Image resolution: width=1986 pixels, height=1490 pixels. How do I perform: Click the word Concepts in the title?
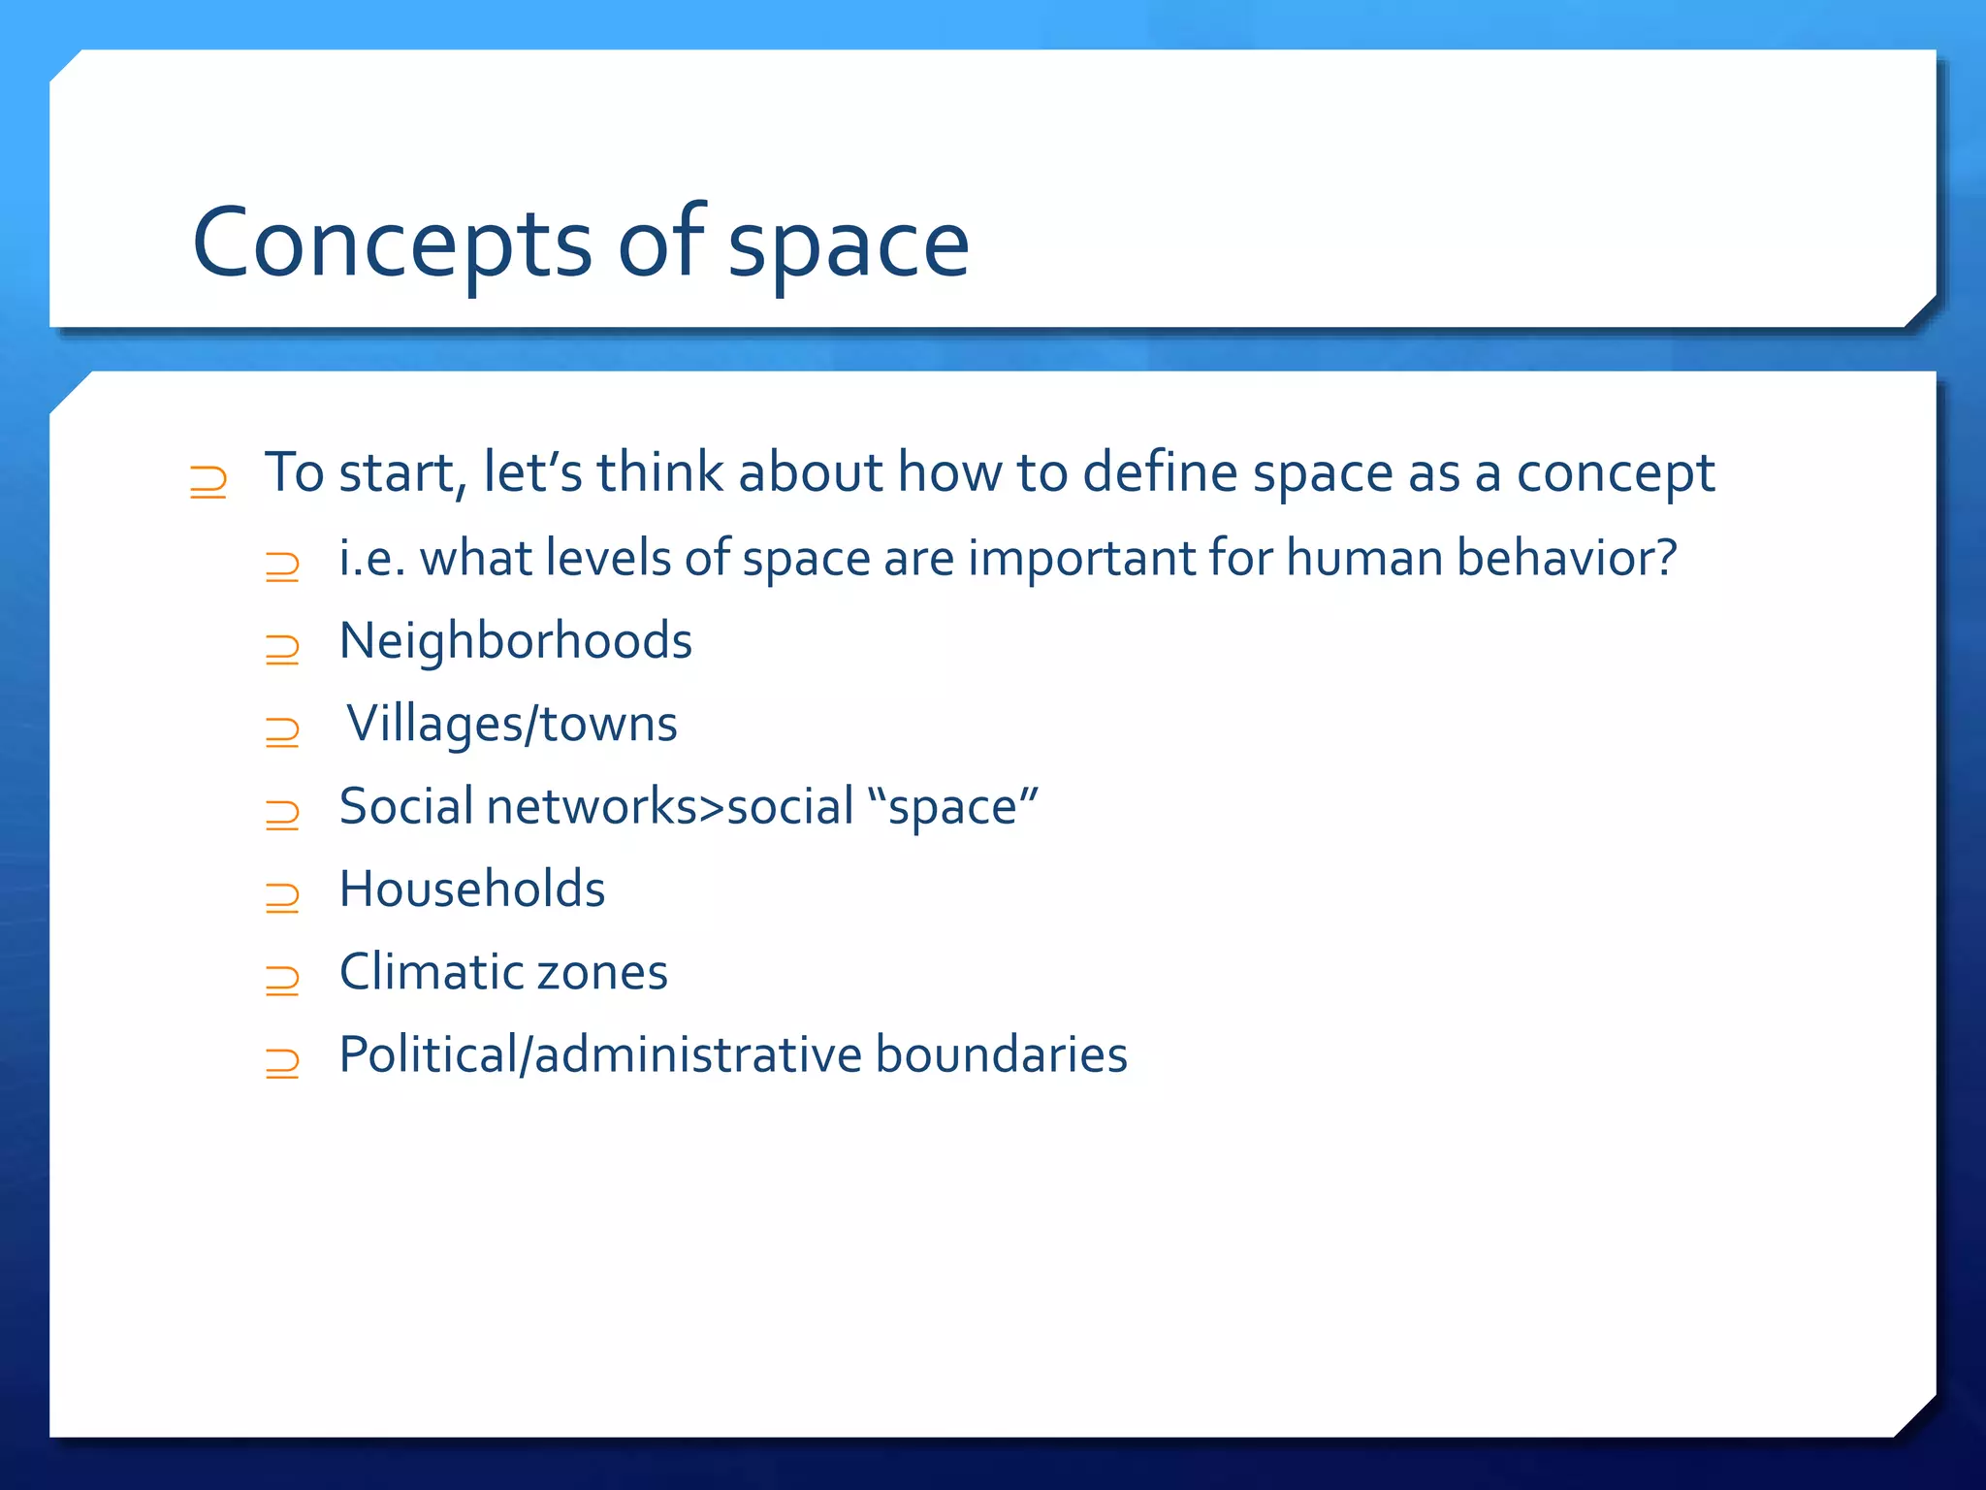[392, 243]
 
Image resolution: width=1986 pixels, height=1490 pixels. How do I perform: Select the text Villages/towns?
[512, 725]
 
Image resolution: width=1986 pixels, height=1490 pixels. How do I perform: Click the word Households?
[472, 890]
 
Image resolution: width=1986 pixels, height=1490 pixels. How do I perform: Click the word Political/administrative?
[600, 1055]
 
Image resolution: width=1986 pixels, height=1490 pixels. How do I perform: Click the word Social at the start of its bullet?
[406, 807]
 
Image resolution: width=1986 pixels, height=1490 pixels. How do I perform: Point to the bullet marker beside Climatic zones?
[282, 981]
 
